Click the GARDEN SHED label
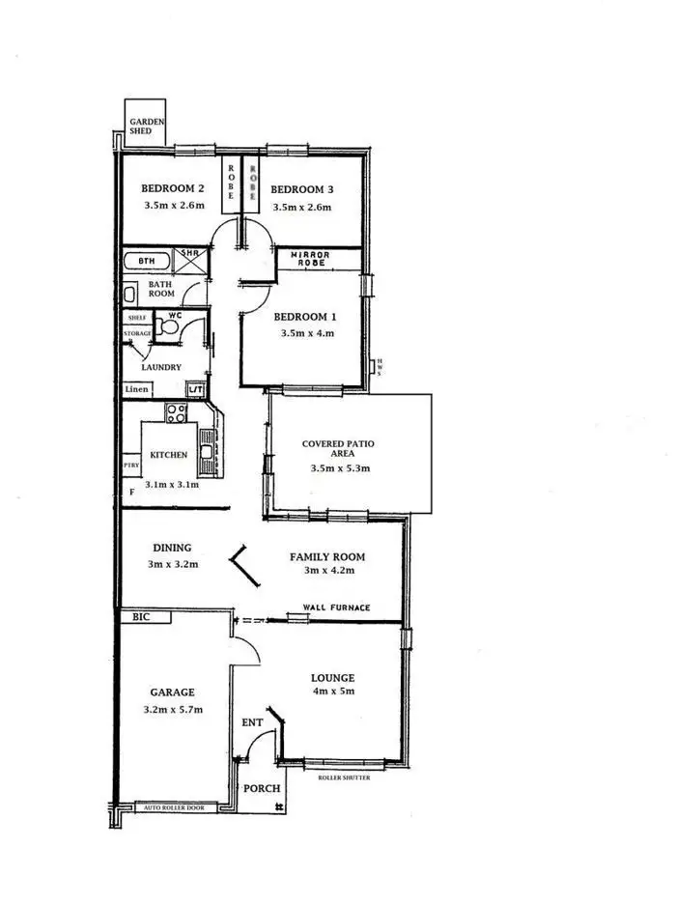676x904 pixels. click(x=148, y=125)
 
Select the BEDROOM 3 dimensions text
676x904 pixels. click(x=301, y=208)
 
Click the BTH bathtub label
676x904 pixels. click(x=147, y=262)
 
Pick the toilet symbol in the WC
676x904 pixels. click(x=171, y=329)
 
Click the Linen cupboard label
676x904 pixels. click(x=136, y=389)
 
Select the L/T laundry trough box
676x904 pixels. click(x=195, y=389)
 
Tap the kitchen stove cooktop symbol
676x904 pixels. click(x=177, y=413)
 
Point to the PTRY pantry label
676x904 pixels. click(x=131, y=466)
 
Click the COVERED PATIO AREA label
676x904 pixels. click(x=338, y=449)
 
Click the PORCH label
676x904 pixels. click(x=262, y=789)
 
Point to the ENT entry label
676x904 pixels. click(x=250, y=721)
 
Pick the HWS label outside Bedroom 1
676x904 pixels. click(x=380, y=367)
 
